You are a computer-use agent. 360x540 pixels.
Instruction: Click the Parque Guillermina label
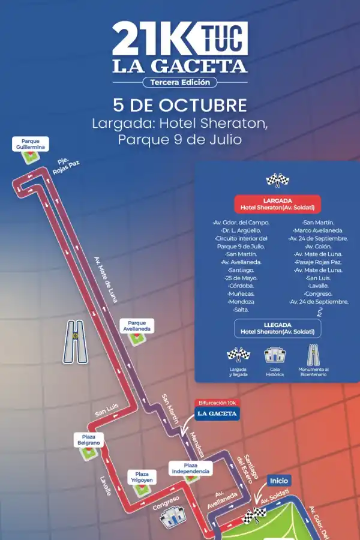point(32,144)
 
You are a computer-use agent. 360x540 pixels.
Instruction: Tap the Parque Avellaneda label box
point(137,325)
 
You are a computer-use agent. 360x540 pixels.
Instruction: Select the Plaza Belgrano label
point(88,439)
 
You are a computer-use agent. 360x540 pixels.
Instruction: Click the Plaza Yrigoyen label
point(142,476)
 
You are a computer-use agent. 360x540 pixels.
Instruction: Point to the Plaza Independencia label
point(190,468)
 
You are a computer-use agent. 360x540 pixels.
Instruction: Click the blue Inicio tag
point(279,481)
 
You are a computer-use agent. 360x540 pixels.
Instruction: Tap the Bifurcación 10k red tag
point(217,403)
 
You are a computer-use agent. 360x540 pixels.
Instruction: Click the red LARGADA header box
point(277,203)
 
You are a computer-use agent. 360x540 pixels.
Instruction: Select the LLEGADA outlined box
point(277,328)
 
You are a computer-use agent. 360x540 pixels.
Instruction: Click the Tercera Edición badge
point(180,82)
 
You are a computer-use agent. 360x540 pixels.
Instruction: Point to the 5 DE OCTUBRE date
point(180,105)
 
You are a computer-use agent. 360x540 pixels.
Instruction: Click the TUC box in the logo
point(223,38)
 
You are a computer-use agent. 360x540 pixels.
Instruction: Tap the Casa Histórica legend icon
point(275,355)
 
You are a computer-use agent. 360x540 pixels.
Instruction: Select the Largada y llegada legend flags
point(238,355)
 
